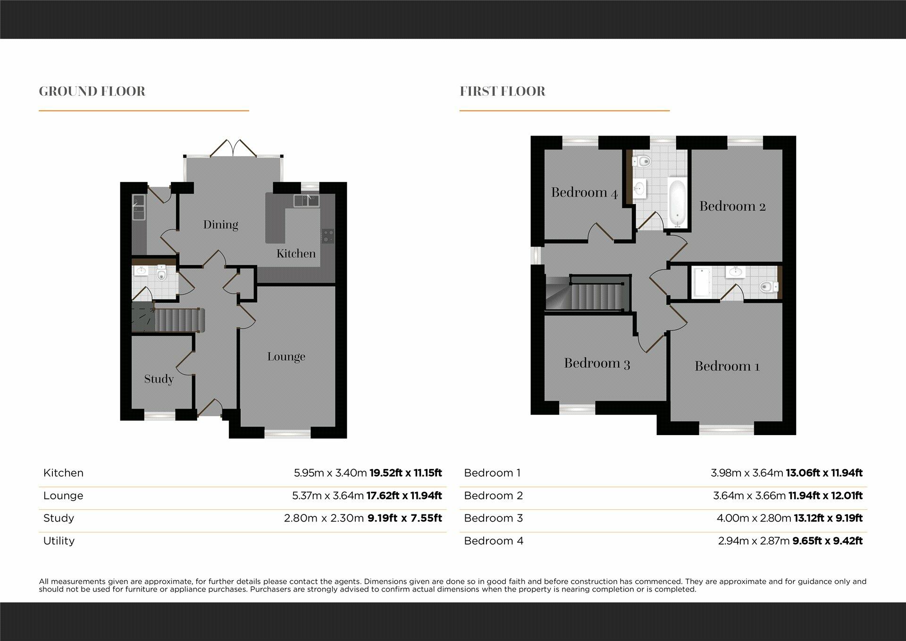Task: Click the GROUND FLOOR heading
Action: click(x=92, y=91)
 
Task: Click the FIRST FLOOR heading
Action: click(x=503, y=91)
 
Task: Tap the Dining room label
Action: click(x=220, y=225)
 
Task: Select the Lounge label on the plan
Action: click(x=286, y=357)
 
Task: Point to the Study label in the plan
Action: click(x=159, y=379)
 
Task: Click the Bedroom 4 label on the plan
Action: click(x=584, y=193)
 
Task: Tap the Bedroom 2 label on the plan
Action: click(x=732, y=206)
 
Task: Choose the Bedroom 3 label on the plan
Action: click(x=597, y=363)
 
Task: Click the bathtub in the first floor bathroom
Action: click(x=677, y=203)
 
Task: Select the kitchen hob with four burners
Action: click(x=327, y=236)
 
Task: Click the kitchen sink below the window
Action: click(x=306, y=201)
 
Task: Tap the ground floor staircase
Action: click(x=179, y=320)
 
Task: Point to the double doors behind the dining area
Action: click(x=233, y=147)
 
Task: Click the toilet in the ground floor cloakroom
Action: click(x=161, y=273)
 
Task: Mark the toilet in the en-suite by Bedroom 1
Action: click(x=768, y=286)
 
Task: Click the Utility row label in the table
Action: click(x=59, y=541)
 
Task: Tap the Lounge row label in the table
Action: click(x=63, y=496)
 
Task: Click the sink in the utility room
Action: click(x=138, y=207)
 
